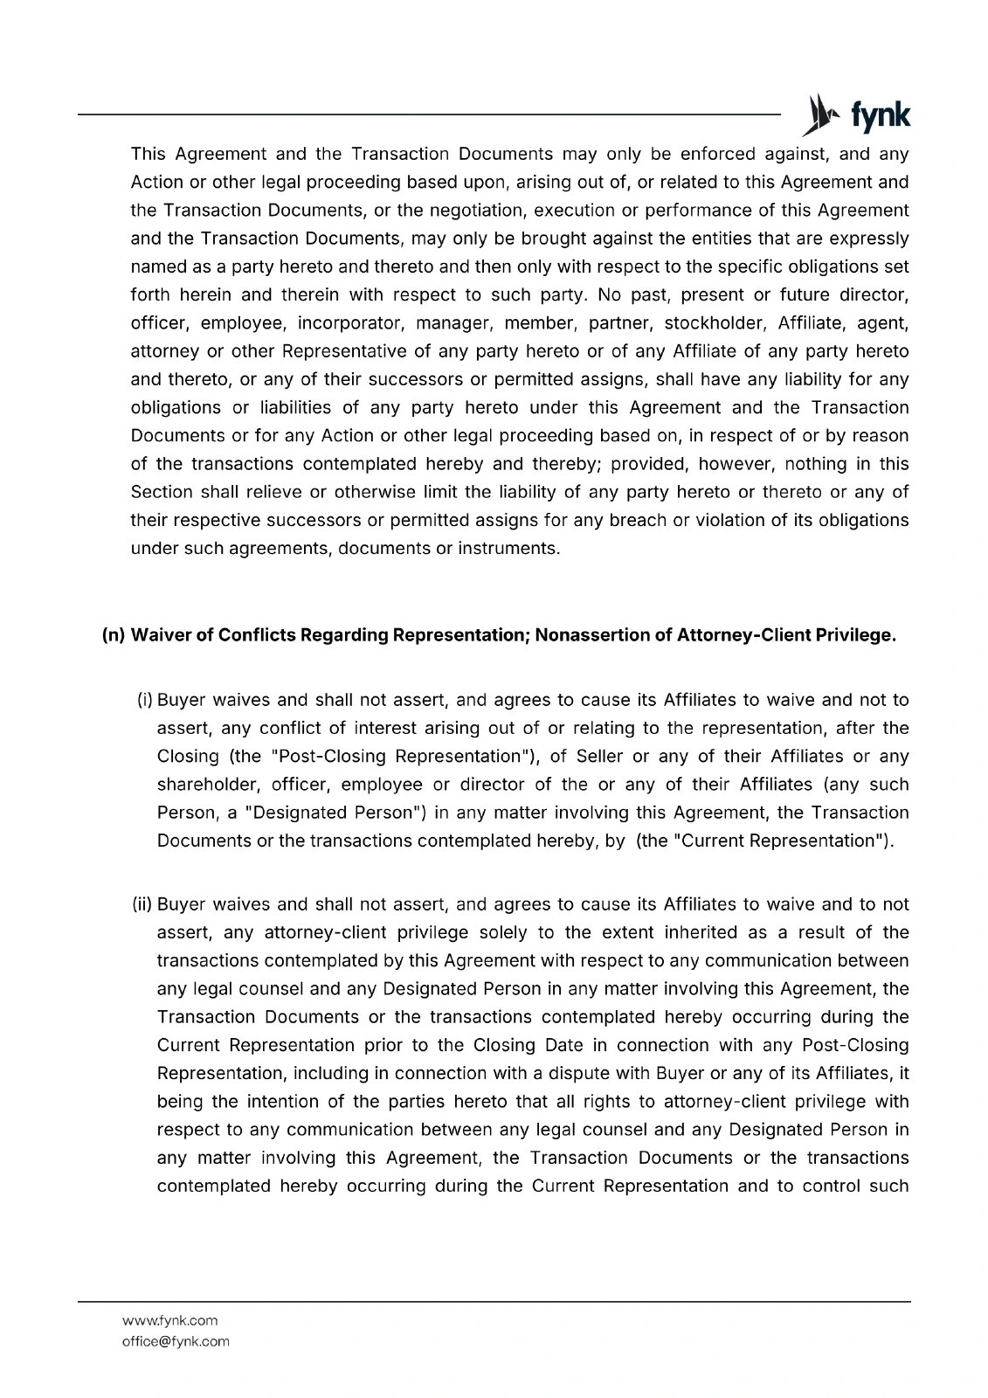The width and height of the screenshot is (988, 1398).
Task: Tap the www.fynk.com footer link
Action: point(170,1320)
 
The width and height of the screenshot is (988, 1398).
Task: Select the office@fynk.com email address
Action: point(176,1341)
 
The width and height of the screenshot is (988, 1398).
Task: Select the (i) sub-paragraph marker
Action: point(145,700)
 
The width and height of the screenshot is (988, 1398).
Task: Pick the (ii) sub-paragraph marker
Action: point(142,904)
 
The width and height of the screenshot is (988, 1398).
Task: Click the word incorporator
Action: point(349,323)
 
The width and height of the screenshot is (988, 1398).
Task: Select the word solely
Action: point(502,932)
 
